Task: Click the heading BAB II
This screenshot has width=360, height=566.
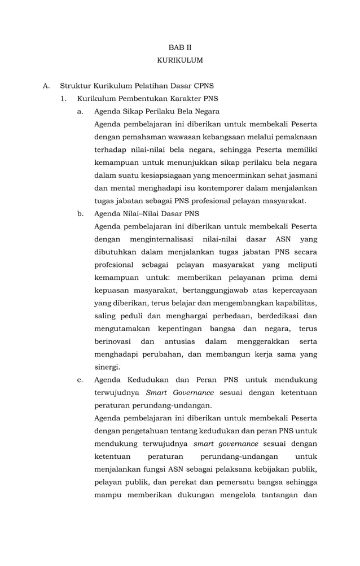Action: pyautogui.click(x=180, y=46)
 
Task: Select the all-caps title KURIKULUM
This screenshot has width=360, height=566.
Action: pyautogui.click(x=180, y=60)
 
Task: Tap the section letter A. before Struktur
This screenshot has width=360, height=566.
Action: pyautogui.click(x=47, y=86)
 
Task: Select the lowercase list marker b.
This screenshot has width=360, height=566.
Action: pyautogui.click(x=81, y=213)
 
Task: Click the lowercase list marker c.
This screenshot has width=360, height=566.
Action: pyautogui.click(x=81, y=380)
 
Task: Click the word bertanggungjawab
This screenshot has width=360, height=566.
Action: pyautogui.click(x=212, y=290)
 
